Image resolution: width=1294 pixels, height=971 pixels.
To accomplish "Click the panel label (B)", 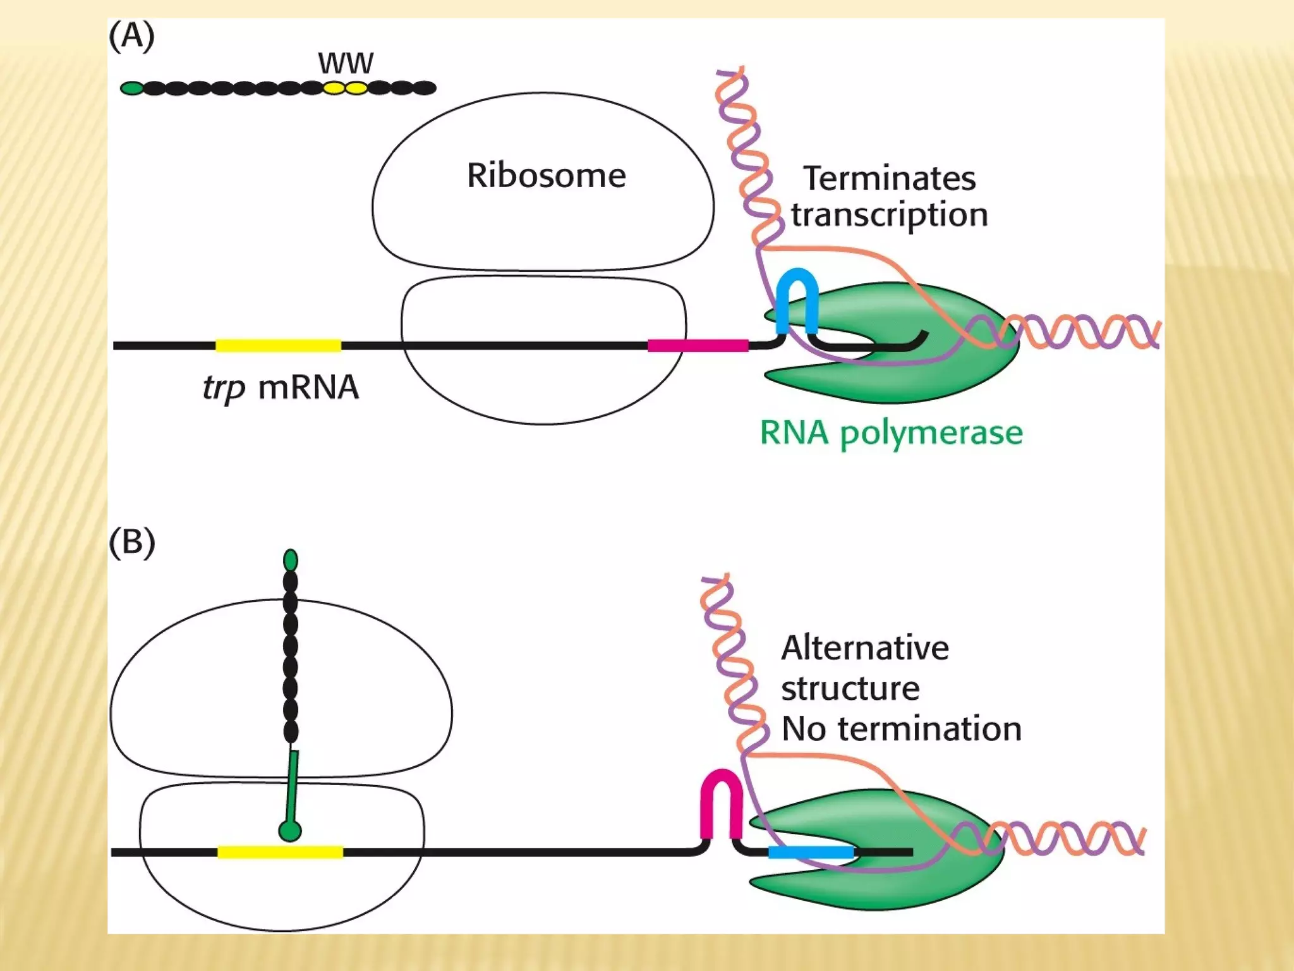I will click(x=131, y=542).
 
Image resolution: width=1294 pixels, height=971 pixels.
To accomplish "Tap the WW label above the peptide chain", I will click(x=346, y=63).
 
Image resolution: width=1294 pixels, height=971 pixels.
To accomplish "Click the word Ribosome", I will click(x=546, y=176).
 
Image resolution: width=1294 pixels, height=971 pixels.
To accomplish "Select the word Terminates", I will click(x=889, y=179).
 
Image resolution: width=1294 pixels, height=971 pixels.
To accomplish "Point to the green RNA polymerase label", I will click(x=891, y=434).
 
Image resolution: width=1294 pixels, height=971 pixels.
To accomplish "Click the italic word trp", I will click(x=224, y=388).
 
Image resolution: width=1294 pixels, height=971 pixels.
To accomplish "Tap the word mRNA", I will click(x=308, y=388).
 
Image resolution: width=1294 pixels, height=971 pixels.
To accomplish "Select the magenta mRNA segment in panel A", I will click(x=698, y=345).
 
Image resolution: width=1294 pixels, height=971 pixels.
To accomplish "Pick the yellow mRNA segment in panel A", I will click(x=278, y=345).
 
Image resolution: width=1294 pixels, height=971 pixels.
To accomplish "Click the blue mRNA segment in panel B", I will click(x=811, y=852).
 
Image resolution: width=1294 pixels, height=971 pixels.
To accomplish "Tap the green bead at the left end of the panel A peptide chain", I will click(x=132, y=89).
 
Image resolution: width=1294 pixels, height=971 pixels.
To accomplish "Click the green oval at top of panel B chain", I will click(x=291, y=560).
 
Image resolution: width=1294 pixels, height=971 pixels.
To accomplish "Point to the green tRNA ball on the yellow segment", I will click(x=290, y=831).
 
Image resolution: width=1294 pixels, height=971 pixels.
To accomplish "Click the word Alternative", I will click(x=864, y=649).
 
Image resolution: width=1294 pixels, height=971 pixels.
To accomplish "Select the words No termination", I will click(x=901, y=729).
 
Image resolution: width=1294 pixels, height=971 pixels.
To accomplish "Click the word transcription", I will click(x=889, y=215).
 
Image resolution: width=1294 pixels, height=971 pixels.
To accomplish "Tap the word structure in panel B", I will click(x=850, y=689).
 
